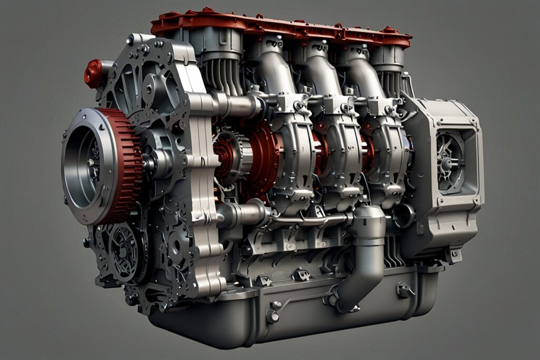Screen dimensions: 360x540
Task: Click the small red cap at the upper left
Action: pyautogui.click(x=94, y=73)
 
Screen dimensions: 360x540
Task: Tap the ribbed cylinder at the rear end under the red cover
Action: pyautogui.click(x=390, y=79)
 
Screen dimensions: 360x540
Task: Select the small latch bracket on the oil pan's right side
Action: pyautogui.click(x=405, y=289)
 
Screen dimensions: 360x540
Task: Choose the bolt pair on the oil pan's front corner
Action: pyautogui.click(x=274, y=311)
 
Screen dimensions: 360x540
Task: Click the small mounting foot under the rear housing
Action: pyautogui.click(x=452, y=255)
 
